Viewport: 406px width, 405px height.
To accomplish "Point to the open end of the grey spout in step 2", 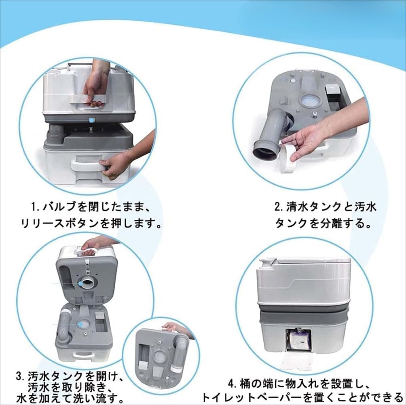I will point(266,151).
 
